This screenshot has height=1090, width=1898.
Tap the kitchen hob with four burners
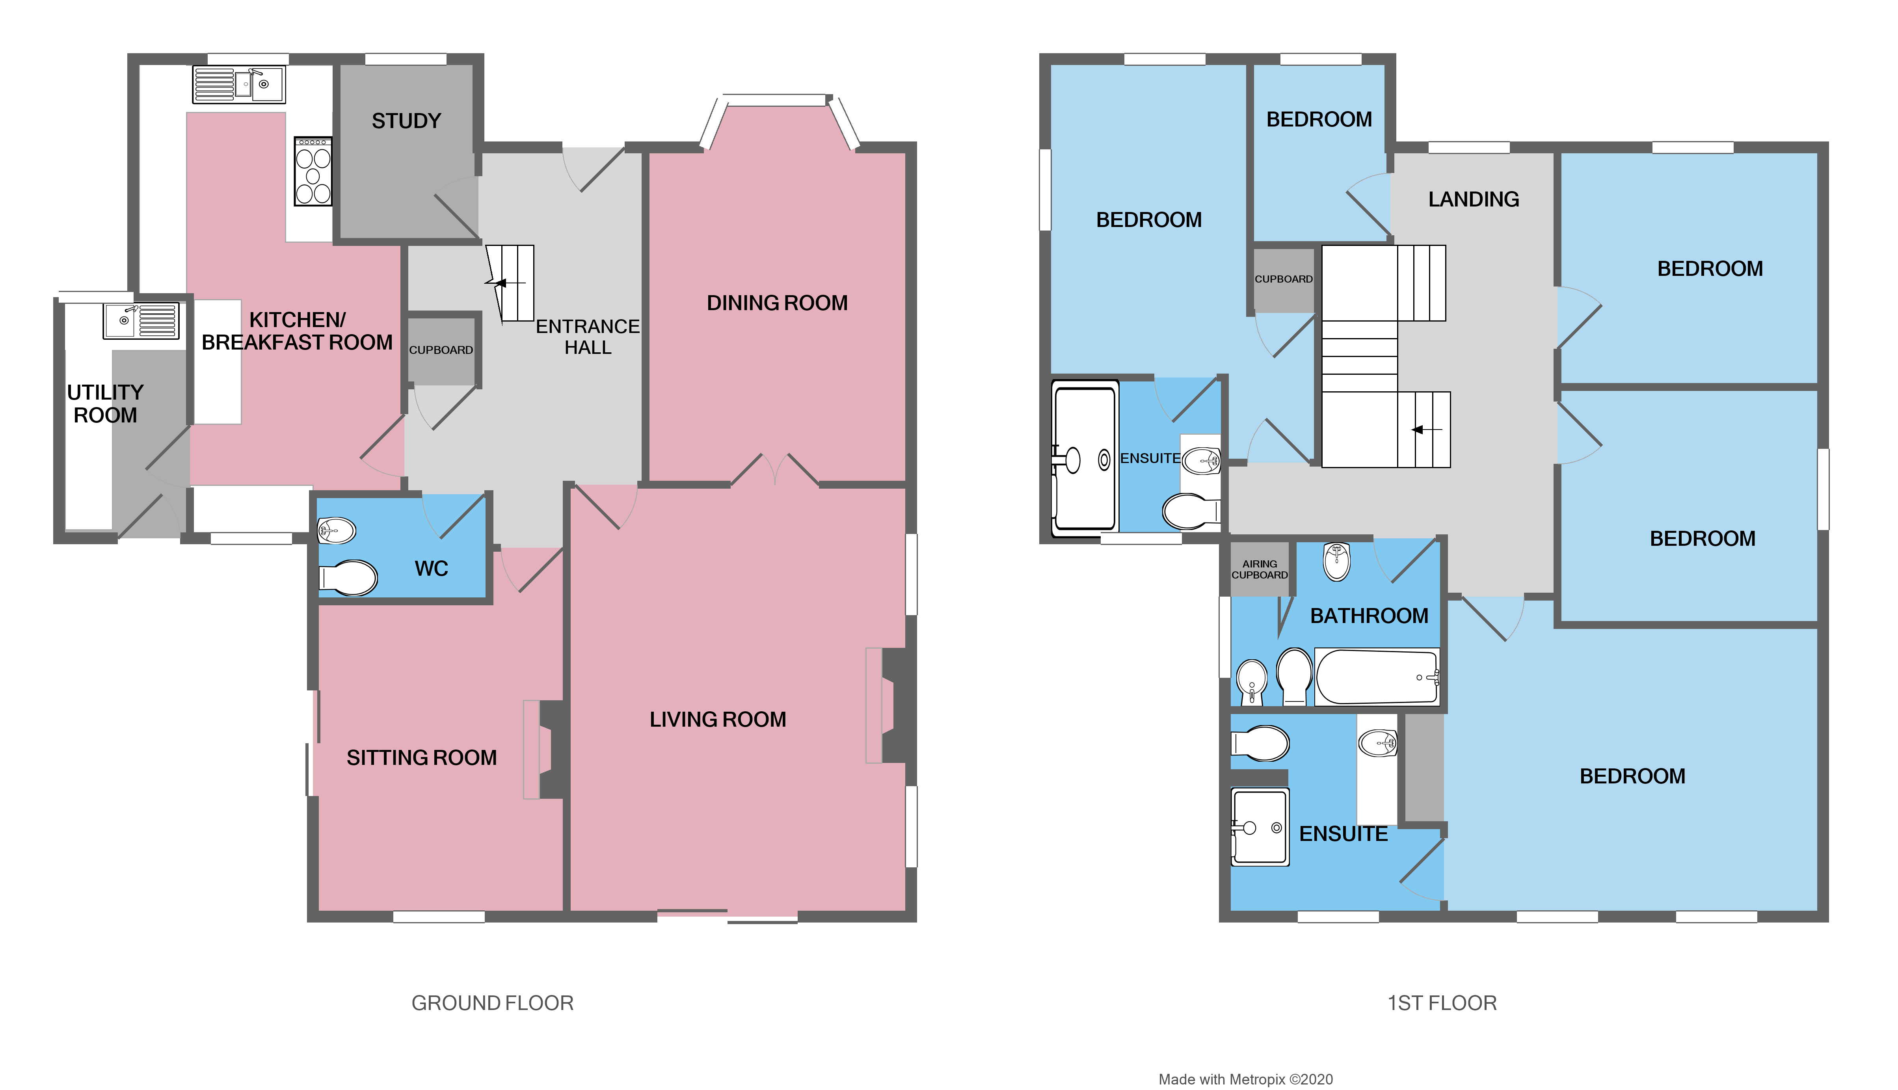pyautogui.click(x=313, y=171)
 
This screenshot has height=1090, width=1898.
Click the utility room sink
pyautogui.click(x=141, y=320)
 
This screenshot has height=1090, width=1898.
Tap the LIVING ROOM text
pyautogui.click(x=717, y=720)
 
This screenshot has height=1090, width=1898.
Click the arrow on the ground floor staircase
pyautogui.click(x=499, y=283)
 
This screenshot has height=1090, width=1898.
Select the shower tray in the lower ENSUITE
pyautogui.click(x=1260, y=826)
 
